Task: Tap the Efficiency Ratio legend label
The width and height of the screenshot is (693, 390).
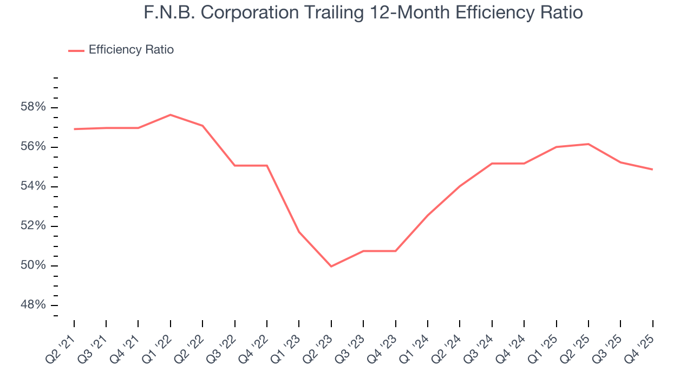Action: (131, 50)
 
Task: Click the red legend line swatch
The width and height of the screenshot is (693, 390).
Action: (76, 50)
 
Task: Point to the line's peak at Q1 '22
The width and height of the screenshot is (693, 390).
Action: (170, 115)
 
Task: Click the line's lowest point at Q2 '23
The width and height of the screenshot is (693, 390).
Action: (331, 266)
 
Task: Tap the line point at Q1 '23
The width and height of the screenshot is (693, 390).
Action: (299, 232)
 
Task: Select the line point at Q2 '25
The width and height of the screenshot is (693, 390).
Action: (588, 144)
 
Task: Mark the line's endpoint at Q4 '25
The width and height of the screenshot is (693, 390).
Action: (652, 169)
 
